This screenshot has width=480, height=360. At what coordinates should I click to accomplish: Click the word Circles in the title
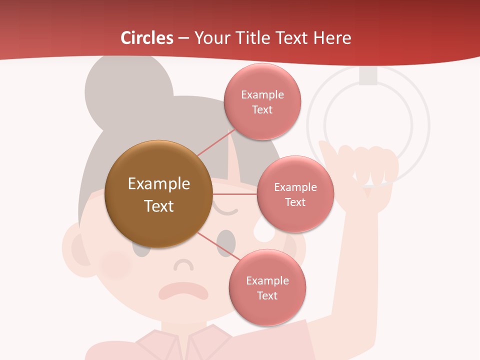pos(147,38)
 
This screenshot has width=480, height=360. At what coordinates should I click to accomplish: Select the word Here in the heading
pos(332,38)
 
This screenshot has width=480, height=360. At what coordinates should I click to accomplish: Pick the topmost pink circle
pos(262,101)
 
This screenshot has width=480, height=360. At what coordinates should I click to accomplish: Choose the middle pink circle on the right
pos(295,194)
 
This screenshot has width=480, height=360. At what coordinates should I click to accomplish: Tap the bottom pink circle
pos(267,287)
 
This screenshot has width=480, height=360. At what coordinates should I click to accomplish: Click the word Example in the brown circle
pos(158,184)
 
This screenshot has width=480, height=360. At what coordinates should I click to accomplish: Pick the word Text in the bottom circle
pos(267,295)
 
